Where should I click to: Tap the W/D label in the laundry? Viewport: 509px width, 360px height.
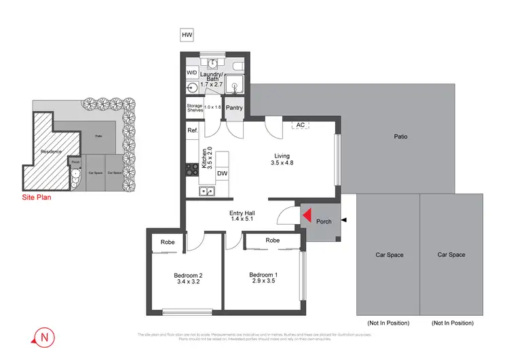192,73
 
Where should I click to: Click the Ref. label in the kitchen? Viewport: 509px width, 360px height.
193,130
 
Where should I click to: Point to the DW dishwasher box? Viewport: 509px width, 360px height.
222,174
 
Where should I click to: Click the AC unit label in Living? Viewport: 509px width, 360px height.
299,125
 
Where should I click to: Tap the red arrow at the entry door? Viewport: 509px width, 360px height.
306,216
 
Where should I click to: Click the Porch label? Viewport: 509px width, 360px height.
324,221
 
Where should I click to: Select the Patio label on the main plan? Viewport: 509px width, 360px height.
400,137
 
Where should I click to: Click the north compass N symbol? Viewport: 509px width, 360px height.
44,336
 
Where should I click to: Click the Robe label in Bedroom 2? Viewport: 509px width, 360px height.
167,242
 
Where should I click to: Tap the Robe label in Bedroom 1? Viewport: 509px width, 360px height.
273,240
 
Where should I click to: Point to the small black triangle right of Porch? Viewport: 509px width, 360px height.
344,221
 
